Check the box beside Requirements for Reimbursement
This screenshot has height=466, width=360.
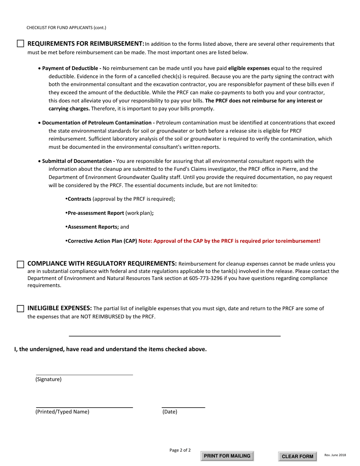(21, 44)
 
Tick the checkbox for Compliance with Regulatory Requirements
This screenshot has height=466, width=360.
(21, 264)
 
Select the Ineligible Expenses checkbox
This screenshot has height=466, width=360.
(21, 309)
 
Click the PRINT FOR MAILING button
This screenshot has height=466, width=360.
(227, 456)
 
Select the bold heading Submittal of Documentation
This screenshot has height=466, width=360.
(78, 161)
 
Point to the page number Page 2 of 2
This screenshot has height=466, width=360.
(180, 450)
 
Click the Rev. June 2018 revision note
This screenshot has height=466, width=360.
(335, 455)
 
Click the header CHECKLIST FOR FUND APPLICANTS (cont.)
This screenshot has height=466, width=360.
(66, 28)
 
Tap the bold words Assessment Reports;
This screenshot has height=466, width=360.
(93, 227)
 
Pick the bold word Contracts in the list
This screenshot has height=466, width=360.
(80, 199)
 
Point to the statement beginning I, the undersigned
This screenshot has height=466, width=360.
(111, 349)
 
